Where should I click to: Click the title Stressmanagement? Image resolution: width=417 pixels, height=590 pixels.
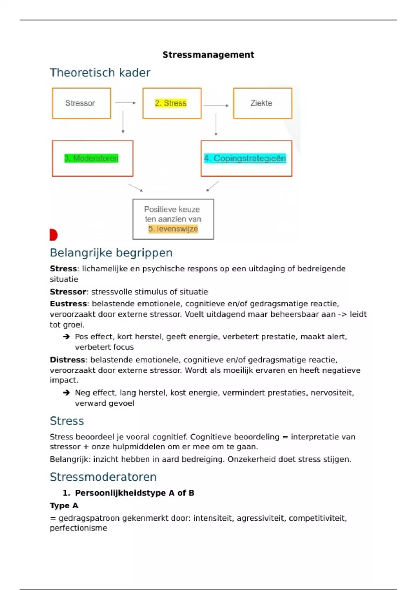[208, 55]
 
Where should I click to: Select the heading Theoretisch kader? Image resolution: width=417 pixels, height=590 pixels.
[100, 73]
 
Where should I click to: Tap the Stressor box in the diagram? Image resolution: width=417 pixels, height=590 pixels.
[81, 103]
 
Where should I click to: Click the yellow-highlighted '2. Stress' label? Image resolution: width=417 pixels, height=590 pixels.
[171, 103]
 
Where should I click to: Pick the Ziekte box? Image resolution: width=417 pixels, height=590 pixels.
[262, 103]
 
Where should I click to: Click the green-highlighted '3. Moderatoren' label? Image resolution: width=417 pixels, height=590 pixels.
[91, 158]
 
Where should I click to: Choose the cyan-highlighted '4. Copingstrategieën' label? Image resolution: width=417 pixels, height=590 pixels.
[245, 158]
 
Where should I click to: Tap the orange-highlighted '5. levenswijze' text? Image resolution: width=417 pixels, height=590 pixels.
[173, 229]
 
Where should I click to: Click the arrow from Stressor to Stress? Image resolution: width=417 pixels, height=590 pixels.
[125, 103]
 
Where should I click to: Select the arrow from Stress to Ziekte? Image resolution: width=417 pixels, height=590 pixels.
[216, 106]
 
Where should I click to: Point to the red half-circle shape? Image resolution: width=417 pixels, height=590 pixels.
[53, 235]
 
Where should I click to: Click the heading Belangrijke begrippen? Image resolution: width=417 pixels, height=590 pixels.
[111, 253]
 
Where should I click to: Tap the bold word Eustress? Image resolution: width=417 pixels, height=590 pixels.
[68, 304]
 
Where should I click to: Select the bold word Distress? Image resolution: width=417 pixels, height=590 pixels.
[67, 360]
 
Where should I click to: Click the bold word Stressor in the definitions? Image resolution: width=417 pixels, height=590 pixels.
[68, 292]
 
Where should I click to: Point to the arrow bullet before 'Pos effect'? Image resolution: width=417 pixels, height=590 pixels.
[66, 337]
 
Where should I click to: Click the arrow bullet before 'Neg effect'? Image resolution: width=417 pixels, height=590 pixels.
[66, 393]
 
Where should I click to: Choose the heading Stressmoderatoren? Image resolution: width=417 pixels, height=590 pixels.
[103, 477]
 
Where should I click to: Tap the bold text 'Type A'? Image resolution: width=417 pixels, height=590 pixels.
[64, 505]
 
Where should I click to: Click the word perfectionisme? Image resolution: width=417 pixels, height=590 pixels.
[79, 528]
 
